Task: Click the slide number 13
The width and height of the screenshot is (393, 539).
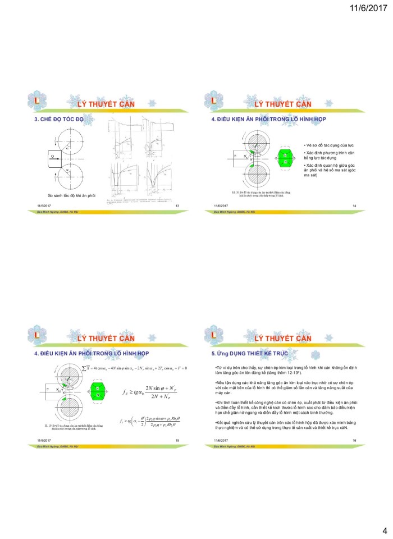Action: pyautogui.click(x=177, y=207)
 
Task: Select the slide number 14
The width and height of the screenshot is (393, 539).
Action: pyautogui.click(x=354, y=207)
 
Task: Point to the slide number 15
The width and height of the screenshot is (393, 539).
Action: pyautogui.click(x=177, y=440)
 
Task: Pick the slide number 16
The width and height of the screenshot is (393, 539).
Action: pyautogui.click(x=354, y=440)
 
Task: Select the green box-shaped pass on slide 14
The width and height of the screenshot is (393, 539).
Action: pyautogui.click(x=286, y=158)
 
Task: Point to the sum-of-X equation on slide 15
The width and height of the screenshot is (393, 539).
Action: pyautogui.click(x=135, y=368)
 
